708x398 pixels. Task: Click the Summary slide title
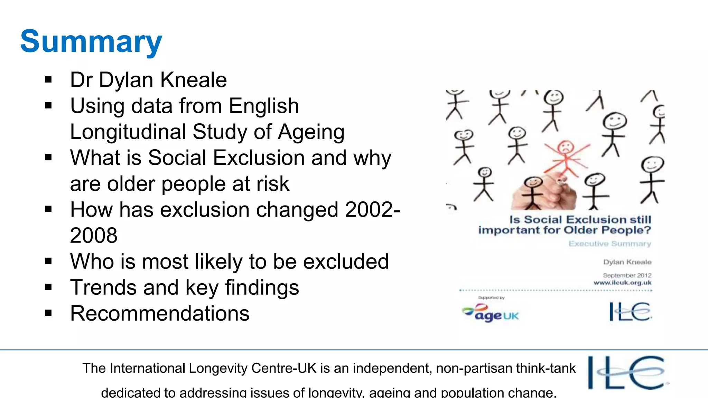pos(91,42)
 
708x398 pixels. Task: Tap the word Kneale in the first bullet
pos(194,80)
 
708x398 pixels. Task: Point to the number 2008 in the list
pos(94,236)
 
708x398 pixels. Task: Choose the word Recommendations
pos(160,313)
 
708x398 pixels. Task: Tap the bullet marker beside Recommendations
pos(48,313)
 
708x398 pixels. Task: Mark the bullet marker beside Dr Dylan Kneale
pos(48,80)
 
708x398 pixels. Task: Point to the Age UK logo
pos(491,313)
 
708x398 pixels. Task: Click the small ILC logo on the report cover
pos(630,312)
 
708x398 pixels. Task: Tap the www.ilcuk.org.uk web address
pos(622,283)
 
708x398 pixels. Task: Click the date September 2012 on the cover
pos(627,275)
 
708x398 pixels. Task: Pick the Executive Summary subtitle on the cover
pos(609,244)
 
